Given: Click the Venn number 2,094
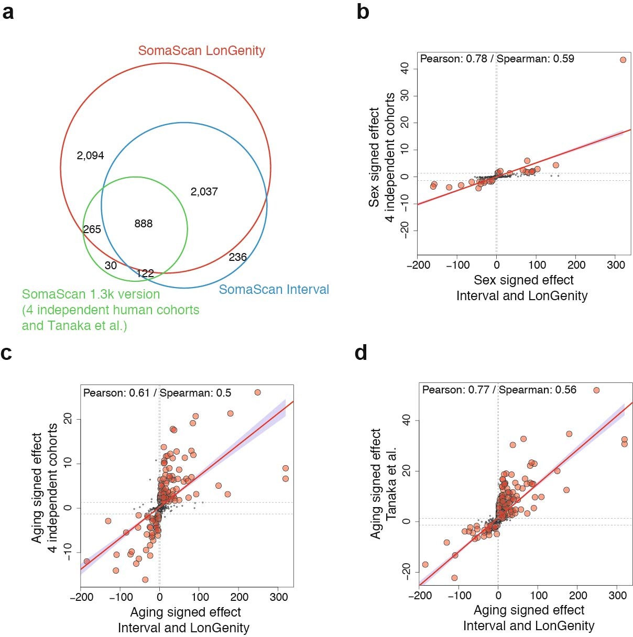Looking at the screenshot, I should click(90, 156).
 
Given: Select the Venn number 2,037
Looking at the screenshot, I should click(204, 192).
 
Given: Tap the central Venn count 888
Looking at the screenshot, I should click(143, 224).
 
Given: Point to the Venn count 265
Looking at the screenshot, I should click(92, 229).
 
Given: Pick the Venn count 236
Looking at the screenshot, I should click(237, 257).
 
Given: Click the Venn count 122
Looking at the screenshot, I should click(145, 273).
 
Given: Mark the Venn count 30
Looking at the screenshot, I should click(111, 266).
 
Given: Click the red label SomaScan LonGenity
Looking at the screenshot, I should click(201, 51).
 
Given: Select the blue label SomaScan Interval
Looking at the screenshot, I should click(274, 290).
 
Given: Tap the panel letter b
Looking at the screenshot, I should click(363, 12).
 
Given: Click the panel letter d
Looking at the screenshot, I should click(361, 353).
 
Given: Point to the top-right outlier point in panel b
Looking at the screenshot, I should click(623, 60).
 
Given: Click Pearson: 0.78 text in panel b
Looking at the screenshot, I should click(454, 59).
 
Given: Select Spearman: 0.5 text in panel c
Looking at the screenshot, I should click(195, 393).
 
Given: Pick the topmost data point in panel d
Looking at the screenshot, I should click(596, 390).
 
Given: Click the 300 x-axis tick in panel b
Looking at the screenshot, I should click(616, 265).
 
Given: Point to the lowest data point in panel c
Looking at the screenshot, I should click(145, 579).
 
